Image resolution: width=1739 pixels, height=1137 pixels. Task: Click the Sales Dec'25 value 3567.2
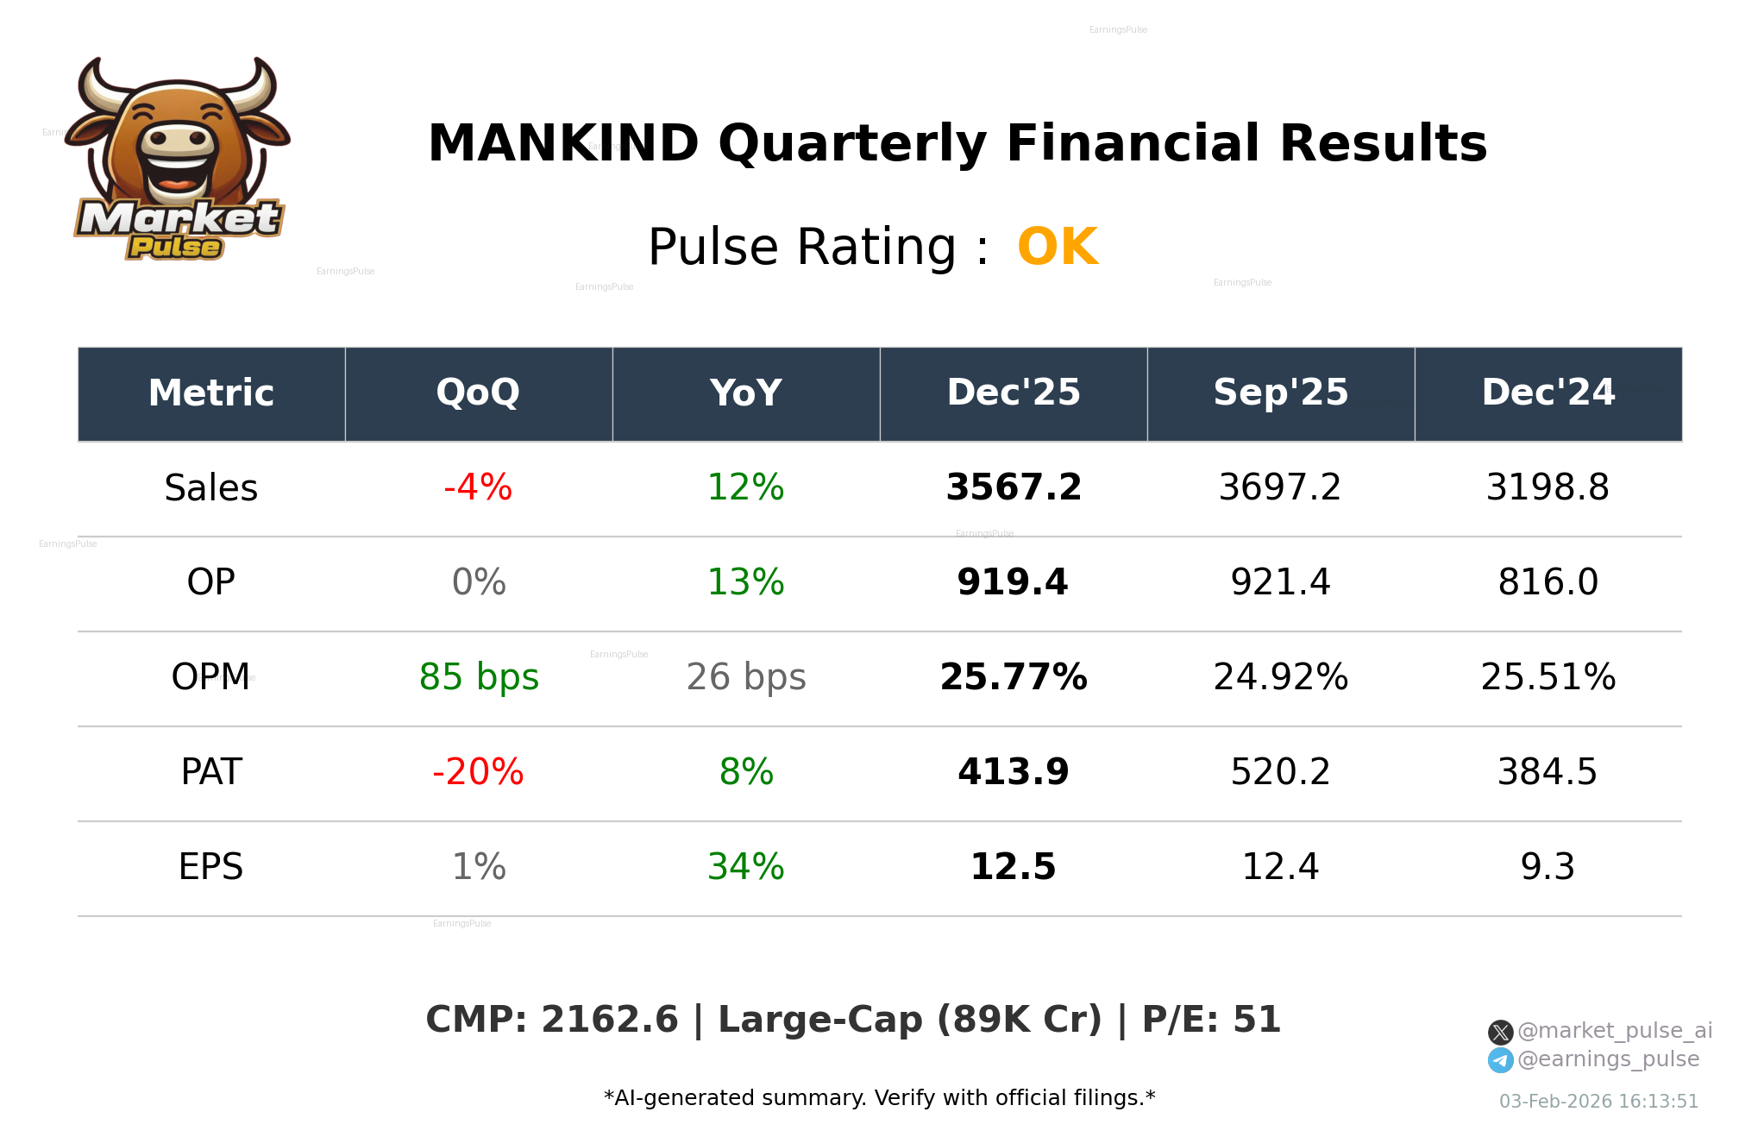pos(1014,487)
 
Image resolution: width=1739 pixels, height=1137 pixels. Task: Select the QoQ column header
pos(479,393)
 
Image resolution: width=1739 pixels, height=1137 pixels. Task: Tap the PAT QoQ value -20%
pos(478,772)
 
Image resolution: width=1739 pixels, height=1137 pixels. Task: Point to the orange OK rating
pos(1058,248)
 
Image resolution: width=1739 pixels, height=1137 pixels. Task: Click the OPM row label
pos(211,677)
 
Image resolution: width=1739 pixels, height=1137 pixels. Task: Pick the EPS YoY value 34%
pos(746,867)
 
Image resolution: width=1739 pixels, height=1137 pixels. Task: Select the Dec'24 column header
pos(1548,393)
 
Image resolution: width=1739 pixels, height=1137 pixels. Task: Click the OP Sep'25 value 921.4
pos(1281,582)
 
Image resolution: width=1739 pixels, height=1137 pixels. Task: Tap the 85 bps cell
pos(479,677)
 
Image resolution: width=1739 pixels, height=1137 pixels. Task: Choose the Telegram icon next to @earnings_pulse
pos(1501,1060)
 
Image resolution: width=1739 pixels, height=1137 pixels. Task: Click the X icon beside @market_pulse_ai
pos(1501,1032)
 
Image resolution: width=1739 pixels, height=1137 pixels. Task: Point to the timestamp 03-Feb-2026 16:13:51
pos(1598,1102)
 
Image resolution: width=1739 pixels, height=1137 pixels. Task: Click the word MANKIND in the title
pos(563,143)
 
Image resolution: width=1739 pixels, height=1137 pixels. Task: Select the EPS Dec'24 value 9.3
pos(1548,867)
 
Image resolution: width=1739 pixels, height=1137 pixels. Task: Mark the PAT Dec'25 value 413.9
pos(1014,772)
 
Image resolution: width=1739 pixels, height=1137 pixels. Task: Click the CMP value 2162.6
pos(610,1020)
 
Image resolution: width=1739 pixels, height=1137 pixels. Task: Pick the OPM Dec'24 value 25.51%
pos(1548,677)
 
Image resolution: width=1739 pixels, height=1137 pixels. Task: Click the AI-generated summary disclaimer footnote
pos(879,1098)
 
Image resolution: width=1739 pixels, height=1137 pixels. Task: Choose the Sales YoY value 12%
pos(746,487)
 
